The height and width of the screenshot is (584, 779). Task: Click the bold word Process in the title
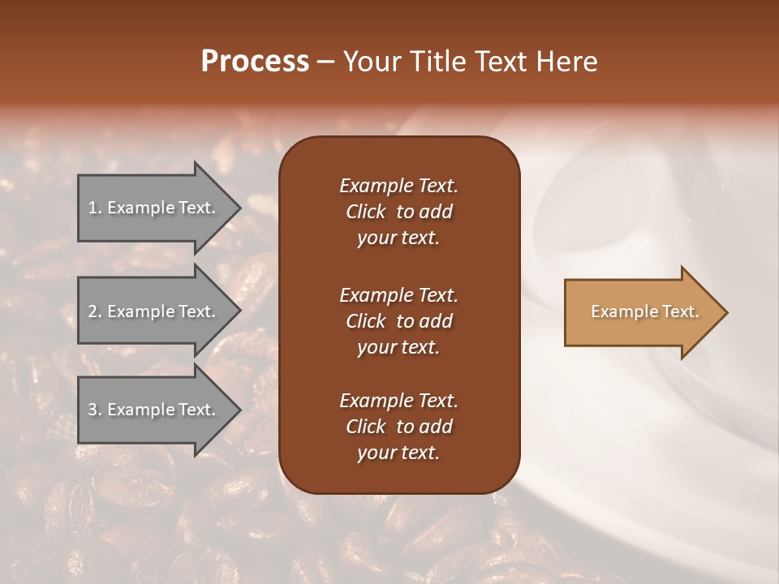pyautogui.click(x=255, y=62)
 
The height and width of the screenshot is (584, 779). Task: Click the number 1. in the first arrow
pyautogui.click(x=95, y=208)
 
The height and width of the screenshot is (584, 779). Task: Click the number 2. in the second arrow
pyautogui.click(x=95, y=311)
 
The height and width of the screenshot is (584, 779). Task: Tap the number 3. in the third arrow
pyautogui.click(x=95, y=410)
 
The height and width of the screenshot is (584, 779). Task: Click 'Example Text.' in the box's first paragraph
pyautogui.click(x=398, y=186)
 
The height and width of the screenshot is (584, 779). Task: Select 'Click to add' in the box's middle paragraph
pyautogui.click(x=398, y=321)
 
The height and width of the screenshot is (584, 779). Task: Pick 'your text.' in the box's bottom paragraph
pyautogui.click(x=398, y=453)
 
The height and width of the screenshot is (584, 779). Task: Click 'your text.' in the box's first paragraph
pyautogui.click(x=398, y=238)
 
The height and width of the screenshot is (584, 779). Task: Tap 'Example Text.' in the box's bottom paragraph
pyautogui.click(x=398, y=401)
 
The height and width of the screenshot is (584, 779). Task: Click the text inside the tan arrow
pyautogui.click(x=645, y=311)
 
